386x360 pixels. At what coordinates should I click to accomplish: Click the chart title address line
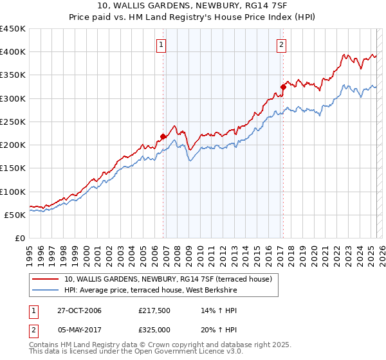(192, 6)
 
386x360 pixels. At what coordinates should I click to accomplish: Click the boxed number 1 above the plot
(160, 45)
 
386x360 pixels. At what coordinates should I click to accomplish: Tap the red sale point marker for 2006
(163, 136)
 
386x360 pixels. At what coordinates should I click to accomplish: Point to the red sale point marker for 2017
(283, 86)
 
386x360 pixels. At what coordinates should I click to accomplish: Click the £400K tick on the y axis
(14, 52)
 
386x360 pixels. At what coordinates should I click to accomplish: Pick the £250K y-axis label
(14, 122)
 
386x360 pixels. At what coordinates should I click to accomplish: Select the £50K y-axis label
(17, 215)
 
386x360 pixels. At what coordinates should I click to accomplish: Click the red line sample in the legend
(46, 279)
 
